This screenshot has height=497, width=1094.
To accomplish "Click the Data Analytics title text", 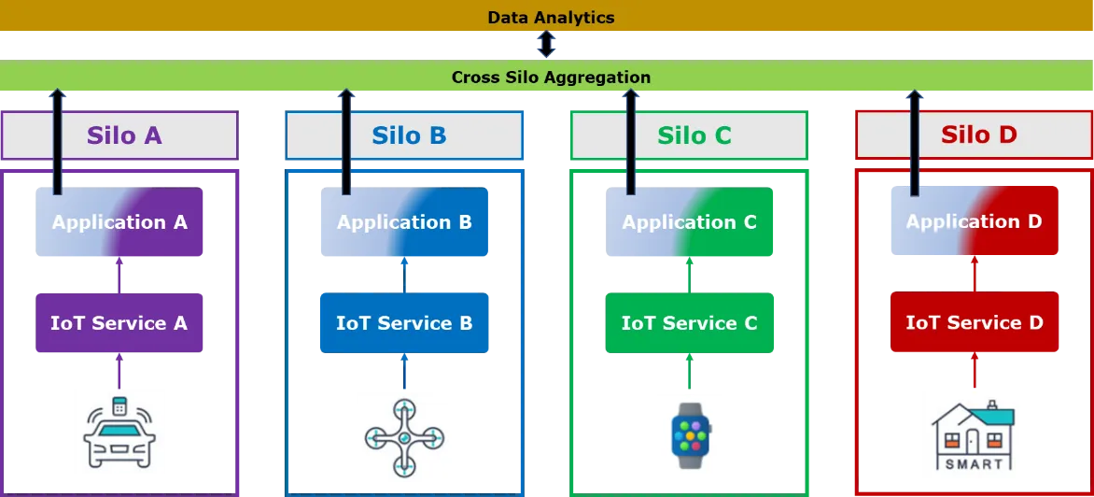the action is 551,18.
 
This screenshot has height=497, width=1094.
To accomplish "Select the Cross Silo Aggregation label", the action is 551,77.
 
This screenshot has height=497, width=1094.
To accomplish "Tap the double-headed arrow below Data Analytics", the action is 546,44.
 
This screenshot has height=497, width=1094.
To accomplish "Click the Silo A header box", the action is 120,135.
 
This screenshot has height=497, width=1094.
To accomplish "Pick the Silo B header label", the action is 409,135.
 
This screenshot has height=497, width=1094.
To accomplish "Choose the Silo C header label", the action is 694,135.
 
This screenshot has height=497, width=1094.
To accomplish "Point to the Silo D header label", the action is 979,134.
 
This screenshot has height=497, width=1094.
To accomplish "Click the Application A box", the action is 119,222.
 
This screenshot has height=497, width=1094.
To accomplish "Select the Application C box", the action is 689,222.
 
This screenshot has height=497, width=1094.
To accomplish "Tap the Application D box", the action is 975,220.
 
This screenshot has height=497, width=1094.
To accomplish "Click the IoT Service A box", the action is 119,322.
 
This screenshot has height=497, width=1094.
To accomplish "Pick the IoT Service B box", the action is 405,322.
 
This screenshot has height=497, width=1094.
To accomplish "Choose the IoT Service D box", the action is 975,321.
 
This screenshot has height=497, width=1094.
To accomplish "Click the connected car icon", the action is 119,433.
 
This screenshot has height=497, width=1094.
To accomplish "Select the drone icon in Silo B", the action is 405,437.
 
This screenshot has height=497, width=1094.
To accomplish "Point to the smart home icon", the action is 974,435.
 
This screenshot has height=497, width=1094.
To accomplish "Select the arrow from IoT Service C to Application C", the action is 689,275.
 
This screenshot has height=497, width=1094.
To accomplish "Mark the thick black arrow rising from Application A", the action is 58,142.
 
